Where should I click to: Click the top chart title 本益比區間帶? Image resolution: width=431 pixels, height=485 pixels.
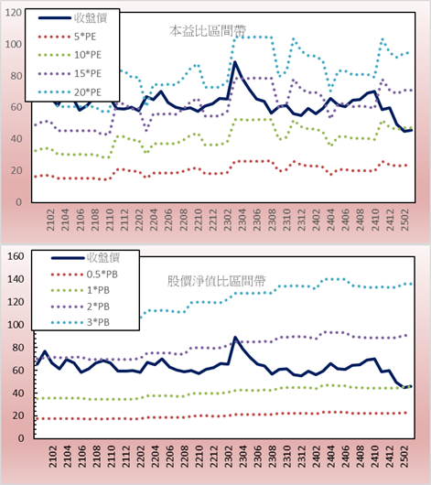coord(208,31)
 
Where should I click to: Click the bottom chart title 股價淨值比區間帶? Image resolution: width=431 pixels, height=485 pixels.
coord(217,281)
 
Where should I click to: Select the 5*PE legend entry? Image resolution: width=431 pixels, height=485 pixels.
coord(67,37)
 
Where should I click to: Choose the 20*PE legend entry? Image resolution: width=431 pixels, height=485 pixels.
coord(70,92)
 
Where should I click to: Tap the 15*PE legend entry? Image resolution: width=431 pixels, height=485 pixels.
coord(70,73)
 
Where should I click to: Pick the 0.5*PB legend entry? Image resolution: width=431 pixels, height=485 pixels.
coord(84,275)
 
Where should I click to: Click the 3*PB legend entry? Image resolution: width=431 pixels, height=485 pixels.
coord(81,322)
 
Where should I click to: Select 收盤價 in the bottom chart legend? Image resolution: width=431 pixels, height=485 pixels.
coord(85,258)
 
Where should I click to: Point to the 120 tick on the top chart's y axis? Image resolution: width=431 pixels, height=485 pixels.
coord(14,13)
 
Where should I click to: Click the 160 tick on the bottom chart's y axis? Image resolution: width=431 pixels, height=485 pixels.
coord(16,256)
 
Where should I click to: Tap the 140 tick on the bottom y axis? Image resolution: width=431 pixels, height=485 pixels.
coord(16,279)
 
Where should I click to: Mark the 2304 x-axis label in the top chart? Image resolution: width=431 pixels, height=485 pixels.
coord(242,220)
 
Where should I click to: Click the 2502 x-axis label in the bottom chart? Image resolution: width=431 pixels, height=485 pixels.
coord(404,457)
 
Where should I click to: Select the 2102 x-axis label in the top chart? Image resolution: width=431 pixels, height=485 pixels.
coord(50,220)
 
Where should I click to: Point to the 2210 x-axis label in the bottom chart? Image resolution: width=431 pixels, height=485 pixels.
coord(199,457)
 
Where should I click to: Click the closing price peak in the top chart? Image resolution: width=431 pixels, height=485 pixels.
coord(235,62)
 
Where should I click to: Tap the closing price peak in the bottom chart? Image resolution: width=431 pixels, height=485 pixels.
coord(235,338)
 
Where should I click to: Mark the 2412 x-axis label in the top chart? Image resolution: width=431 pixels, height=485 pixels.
coord(390,220)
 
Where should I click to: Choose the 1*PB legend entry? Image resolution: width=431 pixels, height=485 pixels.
coord(81,290)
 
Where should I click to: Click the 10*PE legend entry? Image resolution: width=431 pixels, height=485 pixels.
coord(70,55)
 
